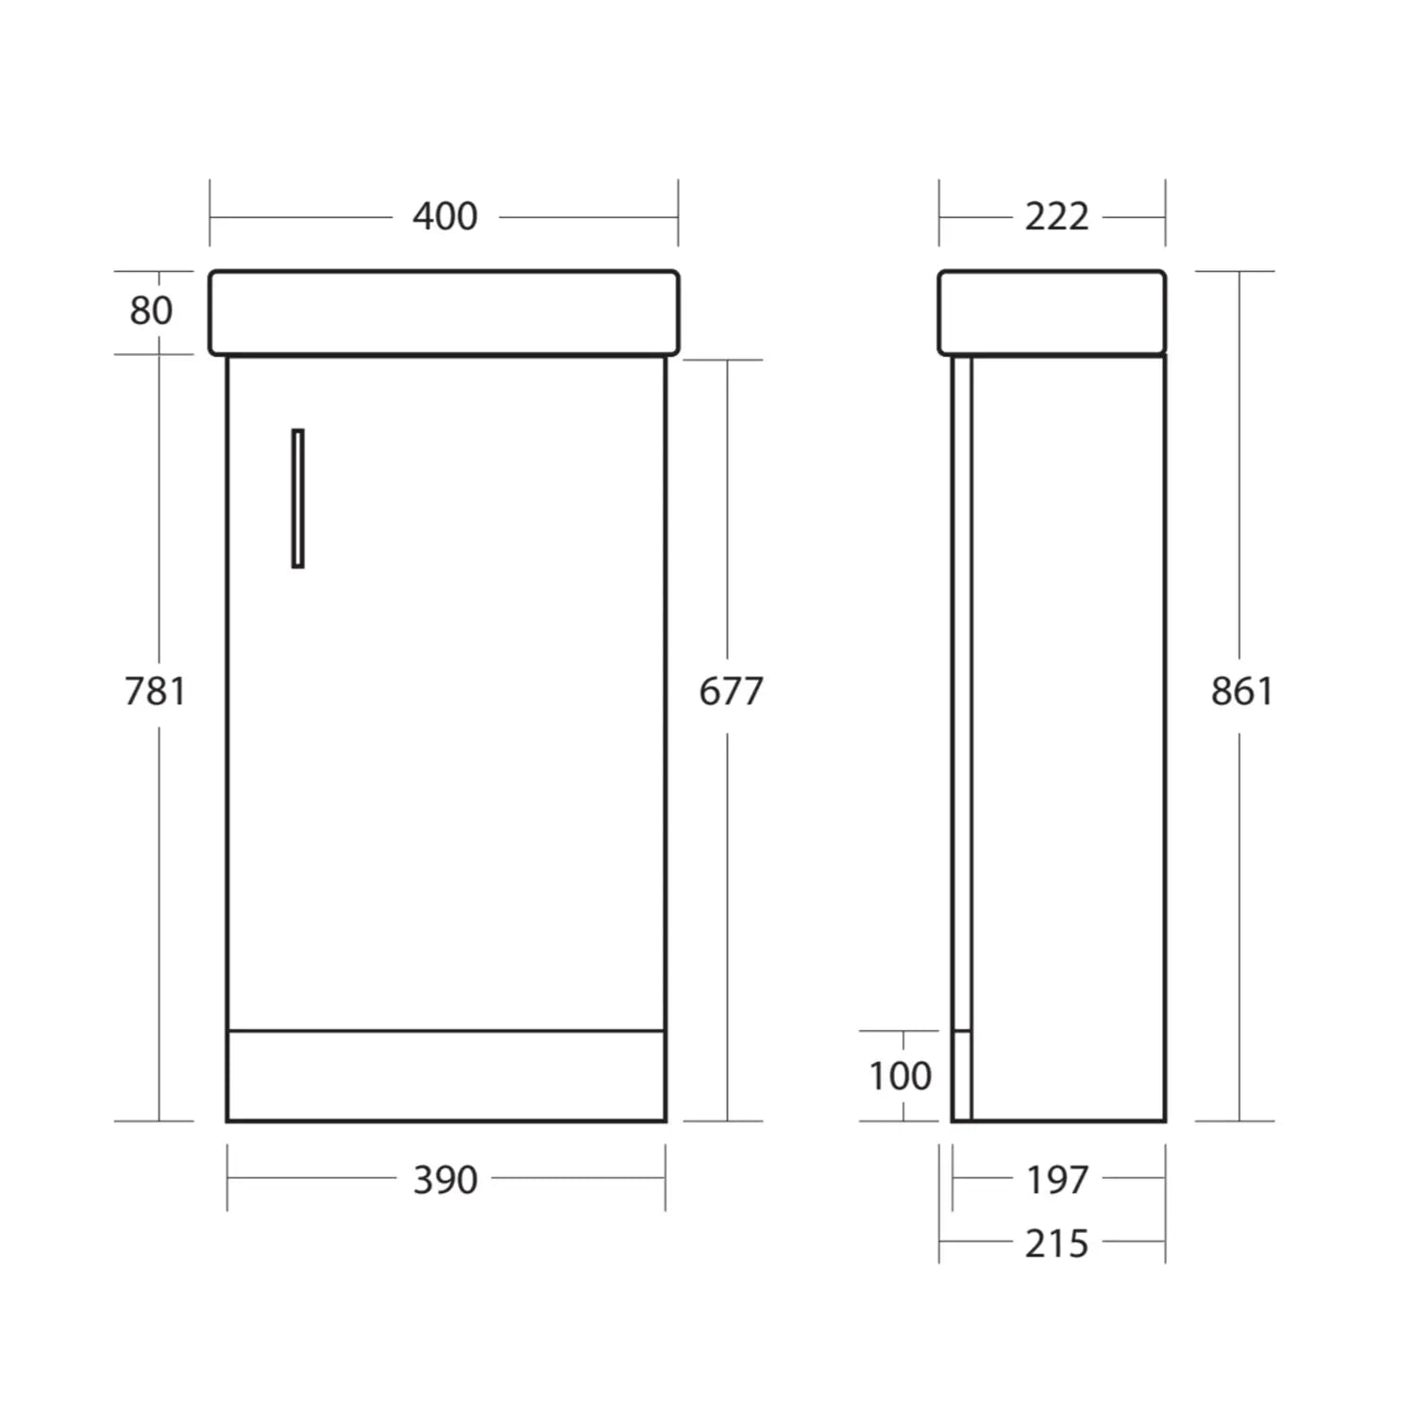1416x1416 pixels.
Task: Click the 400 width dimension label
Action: [445, 217]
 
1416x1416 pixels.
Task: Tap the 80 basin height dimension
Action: [151, 311]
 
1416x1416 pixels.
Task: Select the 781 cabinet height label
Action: [156, 692]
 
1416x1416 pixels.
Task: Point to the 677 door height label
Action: [730, 692]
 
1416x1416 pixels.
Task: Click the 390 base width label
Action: [445, 1180]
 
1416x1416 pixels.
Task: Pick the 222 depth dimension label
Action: [1056, 217]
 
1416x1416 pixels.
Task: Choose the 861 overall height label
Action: [1241, 692]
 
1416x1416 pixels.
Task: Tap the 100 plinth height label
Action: [900, 1076]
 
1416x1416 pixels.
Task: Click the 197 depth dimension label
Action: [1056, 1180]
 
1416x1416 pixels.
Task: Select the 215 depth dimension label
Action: [1056, 1244]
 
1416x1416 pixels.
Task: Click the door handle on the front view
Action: [297, 498]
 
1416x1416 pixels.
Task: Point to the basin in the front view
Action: [444, 312]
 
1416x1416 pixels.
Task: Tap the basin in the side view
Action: [1052, 312]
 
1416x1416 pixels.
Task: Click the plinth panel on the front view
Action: [446, 1075]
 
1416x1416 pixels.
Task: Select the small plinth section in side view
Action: [961, 1075]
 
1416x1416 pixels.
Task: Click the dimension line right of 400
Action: [587, 217]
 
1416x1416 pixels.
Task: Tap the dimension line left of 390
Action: [312, 1178]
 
